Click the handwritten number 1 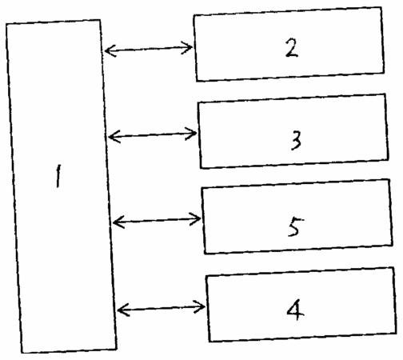(58, 176)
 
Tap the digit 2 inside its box (292, 48)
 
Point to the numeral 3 (296, 140)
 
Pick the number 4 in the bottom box (295, 310)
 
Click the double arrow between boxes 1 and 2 (149, 49)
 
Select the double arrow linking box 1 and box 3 (153, 135)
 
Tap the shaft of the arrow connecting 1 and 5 (157, 221)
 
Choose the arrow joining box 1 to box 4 (162, 308)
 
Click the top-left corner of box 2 (194, 15)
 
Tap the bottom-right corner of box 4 (396, 333)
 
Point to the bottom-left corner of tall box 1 (22, 353)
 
